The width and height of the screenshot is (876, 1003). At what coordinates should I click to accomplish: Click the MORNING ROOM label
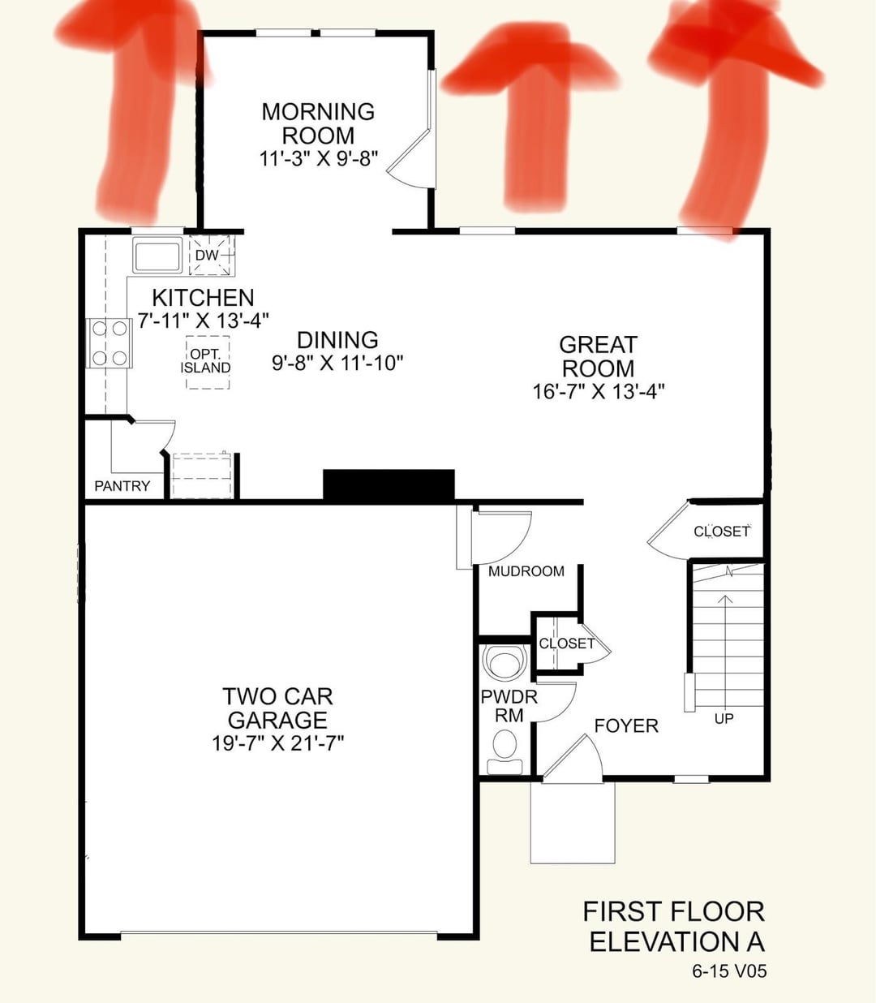(x=319, y=123)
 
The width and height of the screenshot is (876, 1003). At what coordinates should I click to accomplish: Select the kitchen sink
(x=157, y=255)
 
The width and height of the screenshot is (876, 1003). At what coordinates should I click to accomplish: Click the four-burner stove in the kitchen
(x=109, y=343)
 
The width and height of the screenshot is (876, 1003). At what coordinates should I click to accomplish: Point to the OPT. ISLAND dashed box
(x=208, y=362)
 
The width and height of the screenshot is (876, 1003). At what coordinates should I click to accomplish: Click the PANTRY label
(x=122, y=486)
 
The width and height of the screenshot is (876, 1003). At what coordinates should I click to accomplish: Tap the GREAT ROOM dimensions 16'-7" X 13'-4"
(x=599, y=392)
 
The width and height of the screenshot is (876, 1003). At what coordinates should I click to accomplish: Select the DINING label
(x=337, y=340)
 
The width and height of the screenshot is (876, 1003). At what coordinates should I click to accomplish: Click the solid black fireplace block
(x=389, y=484)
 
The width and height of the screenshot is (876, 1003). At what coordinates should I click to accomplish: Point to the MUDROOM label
(x=526, y=571)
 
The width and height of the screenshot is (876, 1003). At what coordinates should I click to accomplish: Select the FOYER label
(x=626, y=725)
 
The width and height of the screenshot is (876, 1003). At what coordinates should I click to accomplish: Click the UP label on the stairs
(x=724, y=719)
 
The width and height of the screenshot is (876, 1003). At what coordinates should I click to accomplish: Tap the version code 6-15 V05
(x=729, y=971)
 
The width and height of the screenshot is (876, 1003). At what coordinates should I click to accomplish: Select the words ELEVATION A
(x=676, y=941)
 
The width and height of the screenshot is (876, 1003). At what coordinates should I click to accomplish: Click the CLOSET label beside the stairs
(x=721, y=531)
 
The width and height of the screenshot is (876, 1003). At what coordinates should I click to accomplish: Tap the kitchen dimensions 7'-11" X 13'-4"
(x=204, y=321)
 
